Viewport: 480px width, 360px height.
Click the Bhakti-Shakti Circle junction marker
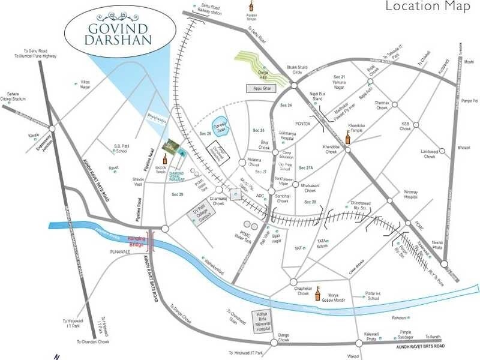pyautogui.click(x=294, y=86)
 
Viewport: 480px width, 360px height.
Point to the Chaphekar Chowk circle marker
pyautogui.click(x=293, y=282)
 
